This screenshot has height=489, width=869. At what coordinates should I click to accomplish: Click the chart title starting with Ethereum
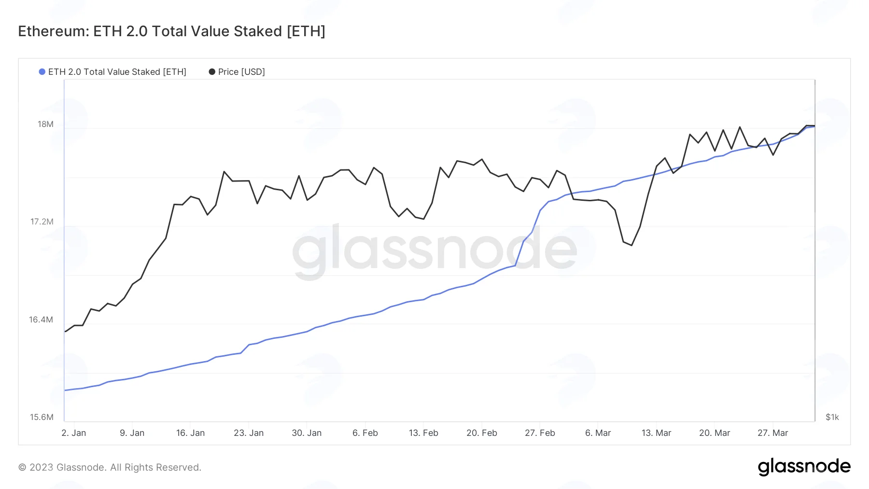(x=172, y=31)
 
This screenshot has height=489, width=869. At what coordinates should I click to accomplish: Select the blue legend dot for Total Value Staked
(x=42, y=71)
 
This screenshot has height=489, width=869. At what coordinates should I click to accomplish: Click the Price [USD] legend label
(x=241, y=71)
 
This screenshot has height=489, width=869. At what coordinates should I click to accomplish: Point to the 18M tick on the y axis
(x=46, y=124)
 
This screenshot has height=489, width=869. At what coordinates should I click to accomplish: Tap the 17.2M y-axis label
(x=42, y=222)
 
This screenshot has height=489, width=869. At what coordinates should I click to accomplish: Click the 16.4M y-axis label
(x=41, y=320)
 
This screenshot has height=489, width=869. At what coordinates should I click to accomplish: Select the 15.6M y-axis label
(x=42, y=417)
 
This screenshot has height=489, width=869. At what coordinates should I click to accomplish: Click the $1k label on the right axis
(x=832, y=417)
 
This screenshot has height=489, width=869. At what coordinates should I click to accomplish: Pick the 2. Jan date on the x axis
(x=74, y=433)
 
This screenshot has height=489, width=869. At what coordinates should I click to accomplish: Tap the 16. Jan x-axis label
(x=190, y=433)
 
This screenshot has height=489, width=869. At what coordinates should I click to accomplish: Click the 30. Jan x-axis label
(x=307, y=433)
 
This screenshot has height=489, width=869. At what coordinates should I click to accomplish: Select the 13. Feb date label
(x=423, y=433)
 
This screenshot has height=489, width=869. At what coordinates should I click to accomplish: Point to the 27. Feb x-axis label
(x=540, y=433)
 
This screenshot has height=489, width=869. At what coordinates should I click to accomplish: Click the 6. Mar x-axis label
(x=598, y=433)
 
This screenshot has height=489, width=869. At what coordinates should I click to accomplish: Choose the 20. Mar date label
(x=715, y=433)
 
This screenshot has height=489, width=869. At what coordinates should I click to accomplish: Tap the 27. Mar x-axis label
(x=772, y=433)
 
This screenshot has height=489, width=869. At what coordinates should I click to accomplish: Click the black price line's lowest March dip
(x=631, y=245)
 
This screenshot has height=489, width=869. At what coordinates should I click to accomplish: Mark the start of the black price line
(x=65, y=332)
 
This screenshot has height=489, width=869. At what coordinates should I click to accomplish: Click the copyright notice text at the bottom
(x=110, y=467)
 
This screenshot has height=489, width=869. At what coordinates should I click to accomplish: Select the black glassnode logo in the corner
(x=804, y=467)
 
